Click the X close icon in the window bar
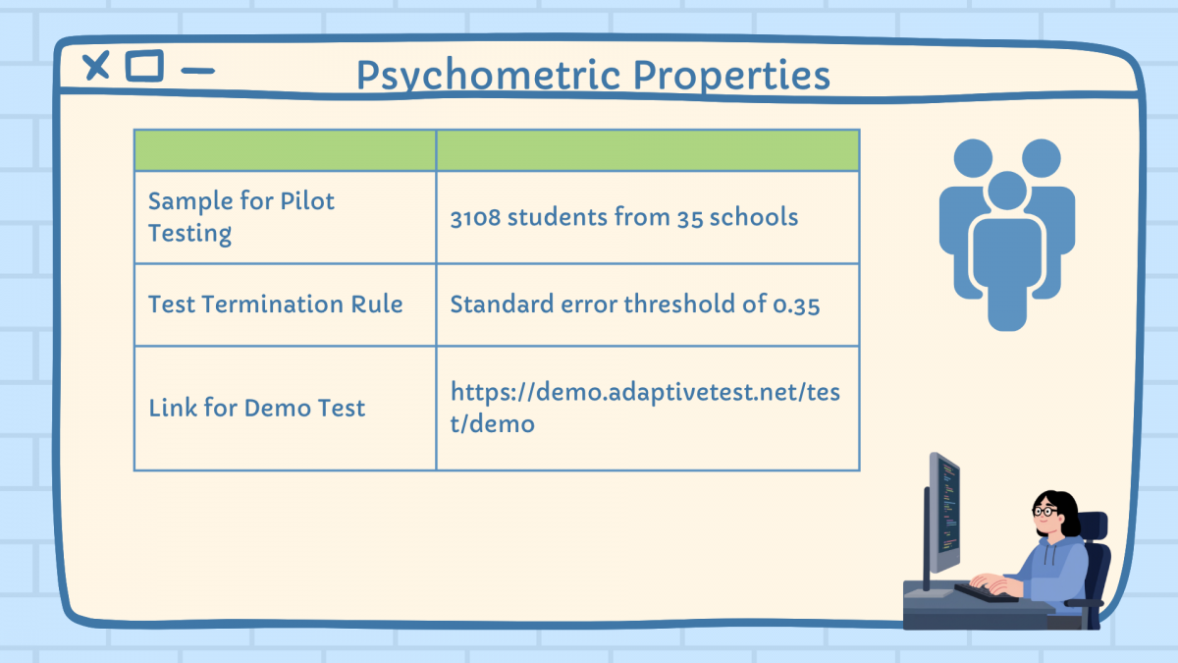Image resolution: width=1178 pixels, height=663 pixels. click(x=96, y=66)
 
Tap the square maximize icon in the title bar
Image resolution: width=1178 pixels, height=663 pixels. click(x=144, y=66)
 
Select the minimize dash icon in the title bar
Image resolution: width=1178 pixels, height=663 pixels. click(x=197, y=71)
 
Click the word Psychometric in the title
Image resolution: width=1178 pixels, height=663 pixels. click(x=489, y=76)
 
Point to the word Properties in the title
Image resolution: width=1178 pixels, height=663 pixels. click(x=731, y=76)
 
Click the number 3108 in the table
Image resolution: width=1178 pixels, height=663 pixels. click(x=475, y=217)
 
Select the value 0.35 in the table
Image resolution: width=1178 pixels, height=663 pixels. click(x=796, y=305)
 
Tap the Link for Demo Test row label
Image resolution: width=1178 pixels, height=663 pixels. click(x=256, y=408)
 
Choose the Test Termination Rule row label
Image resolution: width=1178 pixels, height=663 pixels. click(x=276, y=304)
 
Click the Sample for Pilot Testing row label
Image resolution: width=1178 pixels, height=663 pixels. click(x=241, y=217)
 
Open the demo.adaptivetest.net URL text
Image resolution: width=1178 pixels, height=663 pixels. click(x=645, y=408)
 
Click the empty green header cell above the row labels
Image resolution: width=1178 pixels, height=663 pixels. click(x=285, y=150)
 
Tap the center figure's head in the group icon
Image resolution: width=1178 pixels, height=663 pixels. click(x=1007, y=190)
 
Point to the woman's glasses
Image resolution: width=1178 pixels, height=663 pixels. click(x=1044, y=511)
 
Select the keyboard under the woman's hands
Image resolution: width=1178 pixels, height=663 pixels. click(x=986, y=593)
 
